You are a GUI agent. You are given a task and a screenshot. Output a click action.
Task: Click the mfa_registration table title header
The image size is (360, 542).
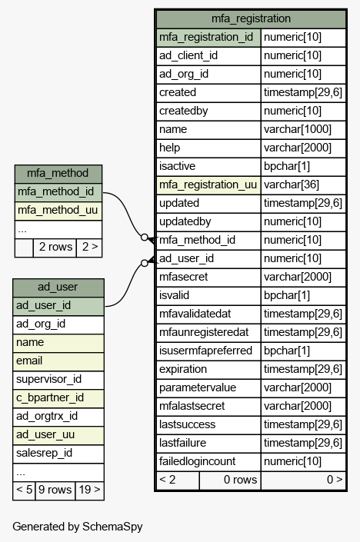pos(251,18)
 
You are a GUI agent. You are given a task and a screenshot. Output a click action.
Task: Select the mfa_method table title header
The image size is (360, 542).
pos(58,174)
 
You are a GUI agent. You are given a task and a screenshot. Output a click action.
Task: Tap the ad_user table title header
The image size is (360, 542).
pos(58,288)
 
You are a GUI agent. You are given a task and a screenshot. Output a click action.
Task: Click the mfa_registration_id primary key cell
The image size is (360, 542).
pos(208,38)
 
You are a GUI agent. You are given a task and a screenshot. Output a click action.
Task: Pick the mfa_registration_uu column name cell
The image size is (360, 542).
pos(208,185)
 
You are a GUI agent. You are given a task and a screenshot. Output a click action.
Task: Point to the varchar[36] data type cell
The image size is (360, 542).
pos(303,185)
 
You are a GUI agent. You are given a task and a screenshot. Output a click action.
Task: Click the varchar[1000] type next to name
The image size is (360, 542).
pos(303,130)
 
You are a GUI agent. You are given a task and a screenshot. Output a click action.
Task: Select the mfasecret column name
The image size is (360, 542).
pos(183,277)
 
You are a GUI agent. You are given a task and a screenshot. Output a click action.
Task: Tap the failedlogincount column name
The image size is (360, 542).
pos(197,461)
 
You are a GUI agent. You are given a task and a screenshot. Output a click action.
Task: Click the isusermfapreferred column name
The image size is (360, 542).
pos(205,351)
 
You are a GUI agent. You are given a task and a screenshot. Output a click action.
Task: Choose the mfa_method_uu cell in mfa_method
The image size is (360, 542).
pos(58,211)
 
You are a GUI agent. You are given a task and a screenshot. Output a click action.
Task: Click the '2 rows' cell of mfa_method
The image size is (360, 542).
pos(55,248)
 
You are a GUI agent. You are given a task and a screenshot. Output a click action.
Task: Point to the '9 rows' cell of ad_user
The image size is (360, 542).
pos(55,490)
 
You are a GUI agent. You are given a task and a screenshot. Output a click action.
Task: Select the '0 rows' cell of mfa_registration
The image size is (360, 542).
pos(230,480)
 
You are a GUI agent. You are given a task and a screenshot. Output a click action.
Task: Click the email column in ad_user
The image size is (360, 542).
pos(58,361)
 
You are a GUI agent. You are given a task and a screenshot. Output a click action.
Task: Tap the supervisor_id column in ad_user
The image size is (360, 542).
pos(58,380)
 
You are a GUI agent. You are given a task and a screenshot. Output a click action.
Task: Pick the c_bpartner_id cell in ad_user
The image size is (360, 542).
pos(58,398)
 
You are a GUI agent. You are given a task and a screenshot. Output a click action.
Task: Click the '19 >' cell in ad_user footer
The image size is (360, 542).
pos(89,490)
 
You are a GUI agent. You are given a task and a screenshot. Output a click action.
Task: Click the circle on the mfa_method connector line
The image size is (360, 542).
pos(145,237)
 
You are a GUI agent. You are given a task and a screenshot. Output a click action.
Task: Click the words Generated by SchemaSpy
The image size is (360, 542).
pos(78,527)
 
